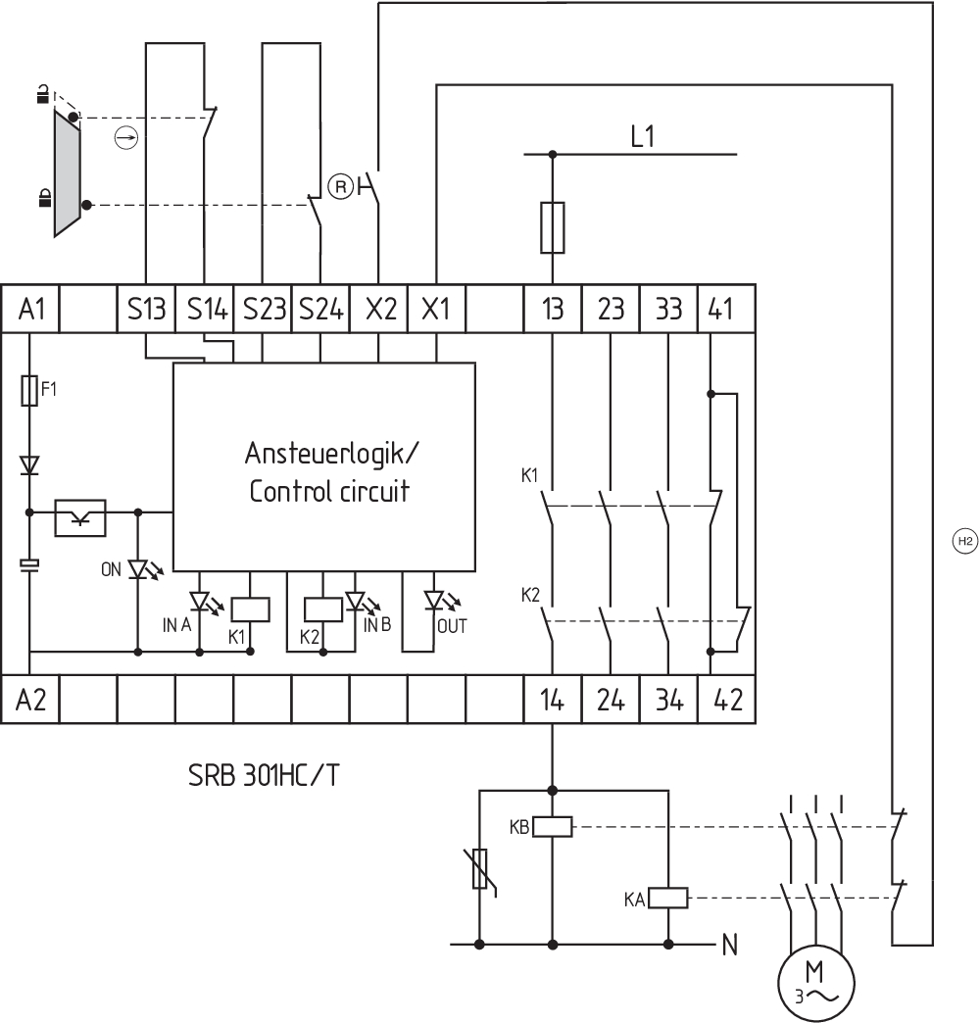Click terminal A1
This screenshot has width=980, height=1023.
30,309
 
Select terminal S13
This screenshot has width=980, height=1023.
146,309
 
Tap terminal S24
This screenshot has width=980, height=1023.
320,309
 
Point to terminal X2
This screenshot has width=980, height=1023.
378,309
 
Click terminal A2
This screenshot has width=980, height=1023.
30,700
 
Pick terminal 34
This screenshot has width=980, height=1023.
668,700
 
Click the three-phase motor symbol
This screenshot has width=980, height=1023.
815,983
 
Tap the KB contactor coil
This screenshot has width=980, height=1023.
553,827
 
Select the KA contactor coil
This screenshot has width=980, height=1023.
668,898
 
